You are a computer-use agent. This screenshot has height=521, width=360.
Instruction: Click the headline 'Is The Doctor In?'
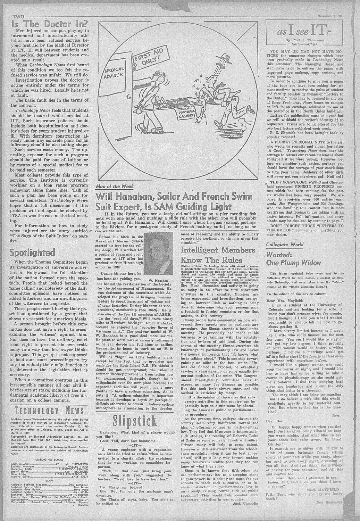pyautogui.click(x=50, y=25)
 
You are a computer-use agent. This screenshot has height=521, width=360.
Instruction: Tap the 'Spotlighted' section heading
pyautogui.click(x=32, y=252)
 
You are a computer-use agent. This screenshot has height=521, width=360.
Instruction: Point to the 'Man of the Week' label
pyautogui.click(x=115, y=187)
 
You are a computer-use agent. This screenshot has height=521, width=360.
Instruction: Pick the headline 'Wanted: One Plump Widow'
pyautogui.click(x=293, y=259)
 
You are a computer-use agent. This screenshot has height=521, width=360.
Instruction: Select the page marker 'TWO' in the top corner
pyautogui.click(x=18, y=16)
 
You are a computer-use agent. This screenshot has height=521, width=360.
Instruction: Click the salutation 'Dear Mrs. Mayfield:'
pyautogui.click(x=285, y=300)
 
